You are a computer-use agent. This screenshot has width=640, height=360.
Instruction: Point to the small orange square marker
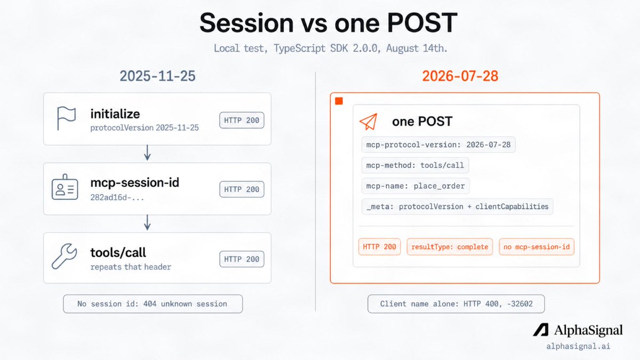click(339, 101)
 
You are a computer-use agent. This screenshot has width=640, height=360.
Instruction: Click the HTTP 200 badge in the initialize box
click(242, 121)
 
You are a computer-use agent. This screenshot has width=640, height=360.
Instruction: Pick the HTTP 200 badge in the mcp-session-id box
click(242, 189)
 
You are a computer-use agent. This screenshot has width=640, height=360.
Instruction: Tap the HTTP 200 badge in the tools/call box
click(242, 259)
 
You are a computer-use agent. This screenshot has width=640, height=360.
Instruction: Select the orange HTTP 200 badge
click(379, 246)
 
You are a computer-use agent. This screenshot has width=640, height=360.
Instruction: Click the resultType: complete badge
click(450, 246)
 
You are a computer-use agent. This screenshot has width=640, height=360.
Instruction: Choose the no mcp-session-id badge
click(537, 246)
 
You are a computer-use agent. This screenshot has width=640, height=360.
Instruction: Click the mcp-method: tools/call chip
click(415, 165)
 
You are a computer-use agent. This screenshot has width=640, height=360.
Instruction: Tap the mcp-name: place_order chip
click(415, 186)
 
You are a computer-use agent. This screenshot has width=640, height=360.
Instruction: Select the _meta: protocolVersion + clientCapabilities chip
click(457, 206)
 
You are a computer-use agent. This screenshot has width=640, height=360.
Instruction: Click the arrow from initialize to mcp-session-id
click(147, 153)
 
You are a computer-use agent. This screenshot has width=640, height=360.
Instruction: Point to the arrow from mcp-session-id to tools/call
click(147, 222)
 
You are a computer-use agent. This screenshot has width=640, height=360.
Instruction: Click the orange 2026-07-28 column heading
click(460, 76)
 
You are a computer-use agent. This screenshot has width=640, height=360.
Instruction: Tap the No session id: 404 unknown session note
click(153, 303)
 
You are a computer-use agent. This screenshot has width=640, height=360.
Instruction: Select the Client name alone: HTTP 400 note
click(456, 303)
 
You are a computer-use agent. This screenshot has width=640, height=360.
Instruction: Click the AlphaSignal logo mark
click(541, 330)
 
